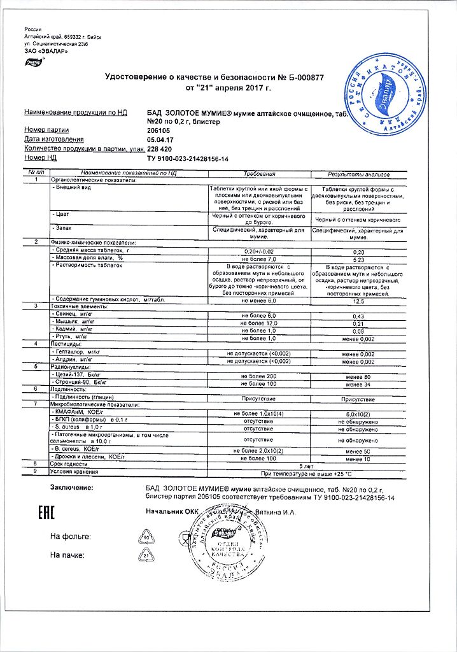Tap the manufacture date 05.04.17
coord(160,139)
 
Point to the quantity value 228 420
coord(160,148)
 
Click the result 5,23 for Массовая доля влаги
coord(358,260)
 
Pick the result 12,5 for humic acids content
coord(358,300)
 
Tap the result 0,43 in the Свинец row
coord(358,316)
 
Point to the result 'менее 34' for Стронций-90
coord(358,385)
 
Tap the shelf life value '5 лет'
coord(308,465)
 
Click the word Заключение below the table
coord(71,488)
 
